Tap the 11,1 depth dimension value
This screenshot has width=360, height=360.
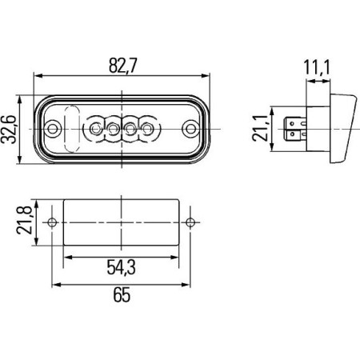tap(318, 70)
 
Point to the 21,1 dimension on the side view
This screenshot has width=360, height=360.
tap(258, 128)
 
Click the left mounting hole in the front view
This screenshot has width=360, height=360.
tap(54, 128)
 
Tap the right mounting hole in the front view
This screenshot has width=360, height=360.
tap(190, 128)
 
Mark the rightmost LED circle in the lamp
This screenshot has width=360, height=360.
tap(148, 128)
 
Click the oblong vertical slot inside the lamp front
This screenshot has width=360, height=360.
tap(71, 128)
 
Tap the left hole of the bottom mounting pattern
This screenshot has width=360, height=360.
tap(52, 222)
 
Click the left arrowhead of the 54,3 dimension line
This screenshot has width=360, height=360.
tap(67, 257)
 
